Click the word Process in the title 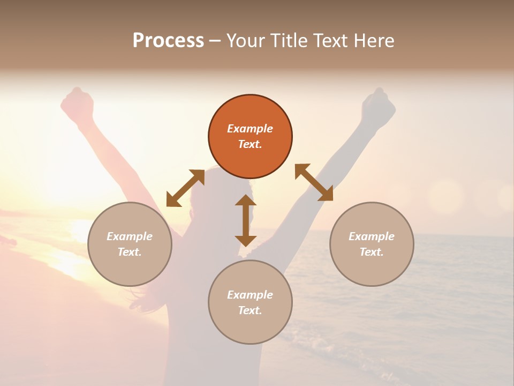pyautogui.click(x=168, y=41)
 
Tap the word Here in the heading pyautogui.click(x=373, y=41)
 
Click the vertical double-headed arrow pyautogui.click(x=246, y=220)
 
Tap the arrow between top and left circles pyautogui.click(x=185, y=188)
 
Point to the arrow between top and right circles pyautogui.click(x=314, y=182)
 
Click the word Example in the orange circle pyautogui.click(x=250, y=129)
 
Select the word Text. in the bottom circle pyautogui.click(x=250, y=310)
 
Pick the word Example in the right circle pyautogui.click(x=372, y=236)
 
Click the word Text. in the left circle pyautogui.click(x=130, y=252)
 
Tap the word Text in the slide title pyautogui.click(x=331, y=41)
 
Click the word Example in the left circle pyautogui.click(x=130, y=236)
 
